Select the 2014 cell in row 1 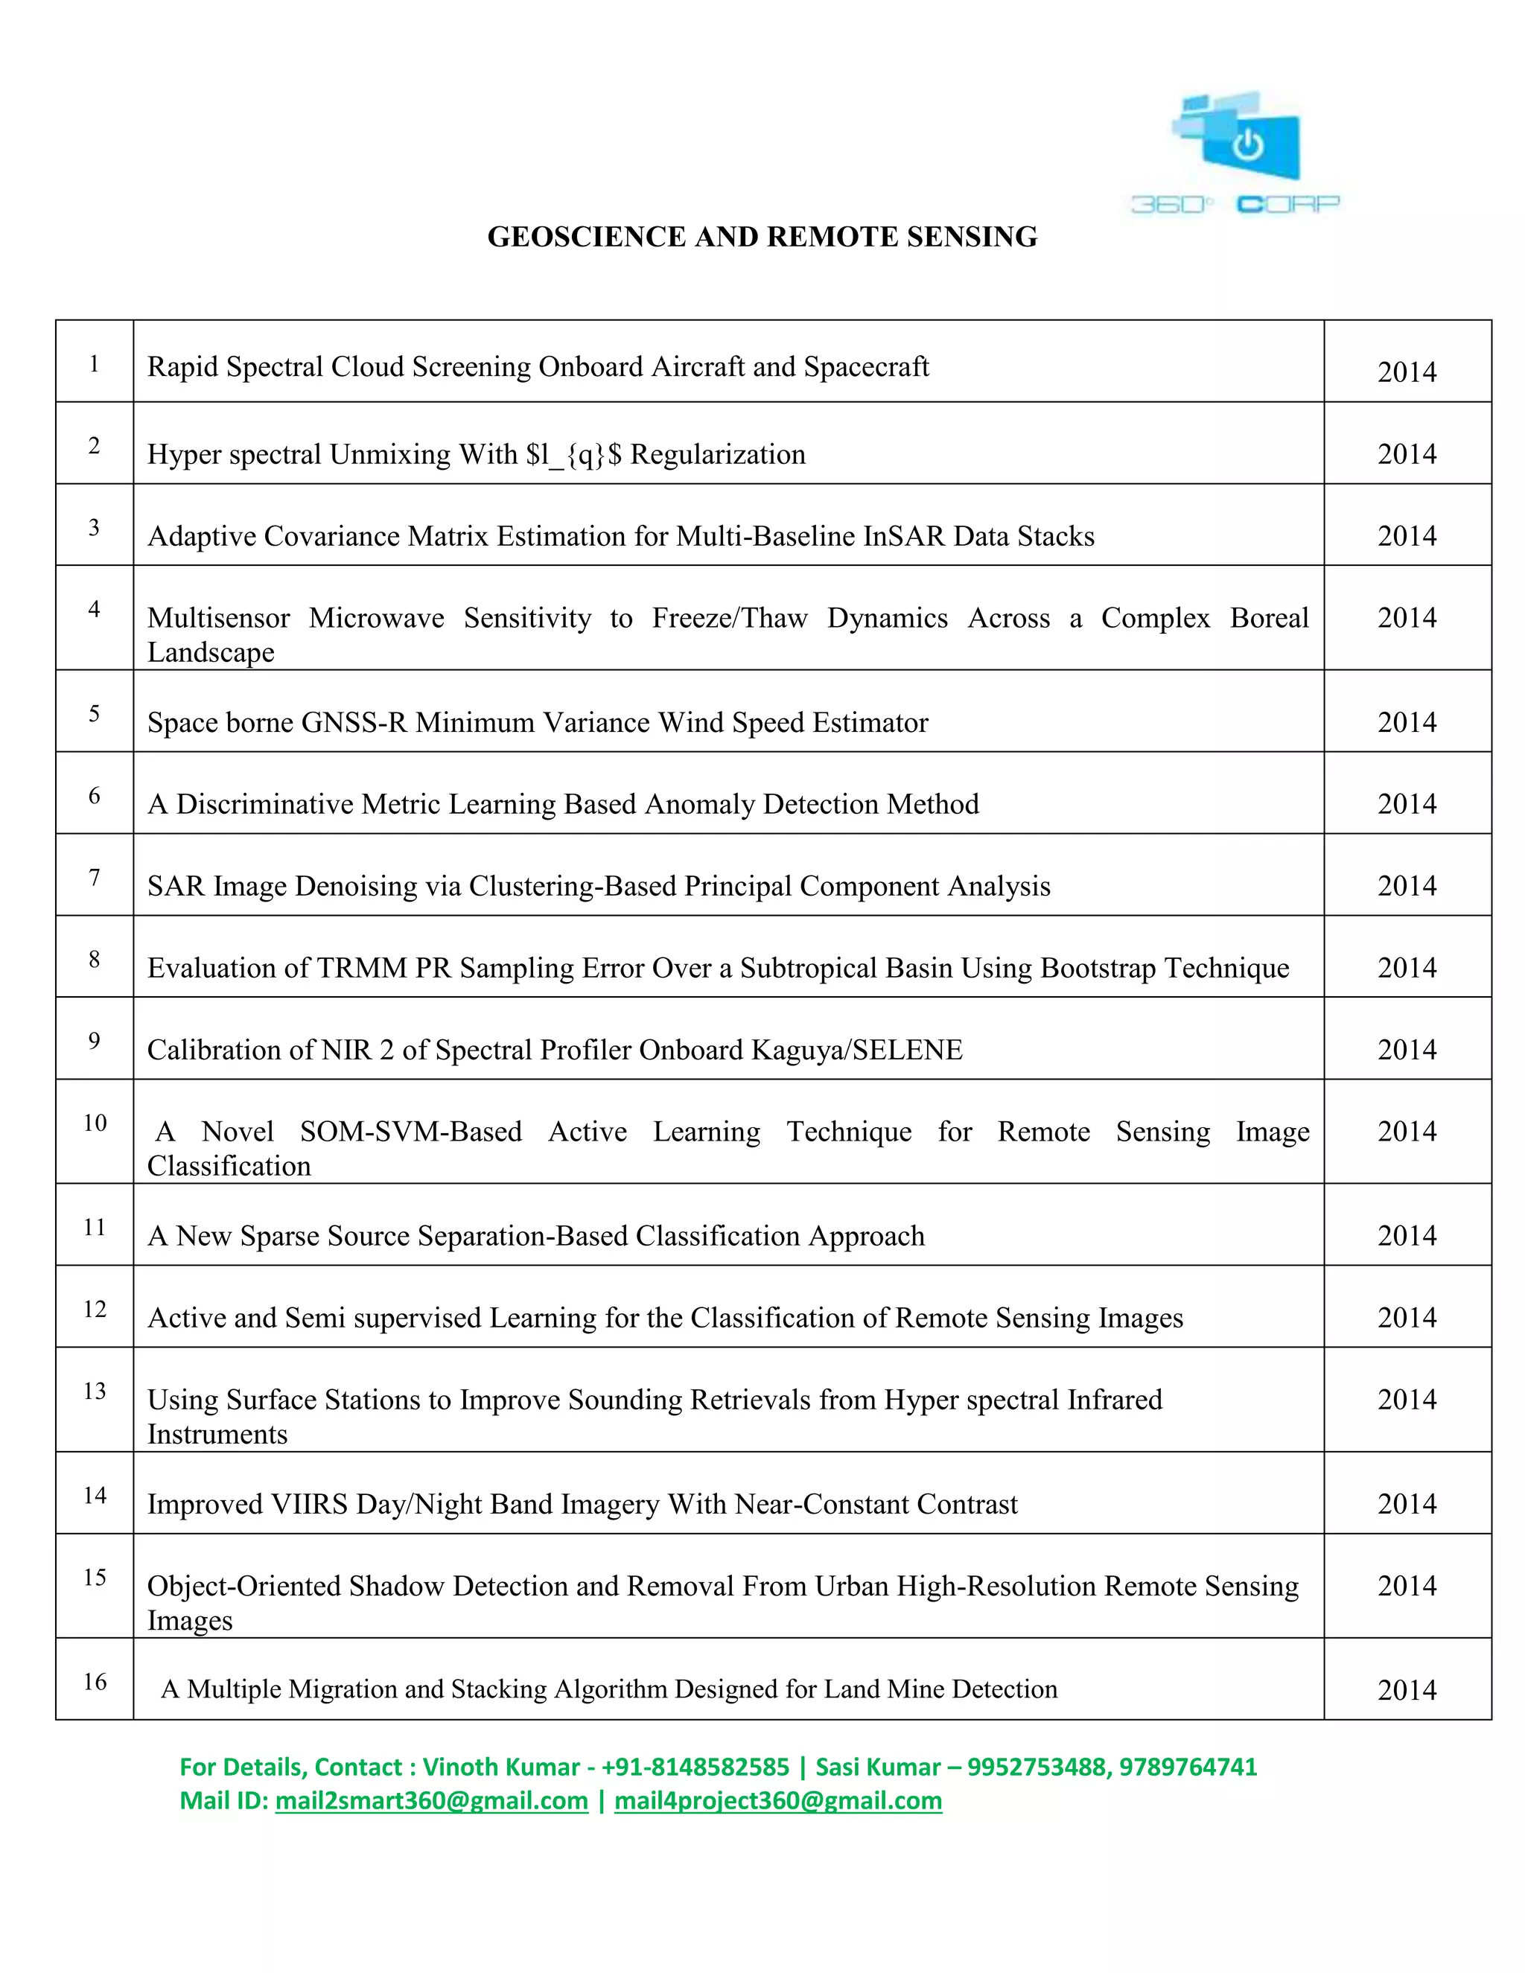click(x=1406, y=372)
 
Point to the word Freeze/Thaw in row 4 click(x=729, y=618)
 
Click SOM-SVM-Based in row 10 click(x=410, y=1131)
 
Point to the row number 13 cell click(x=94, y=1390)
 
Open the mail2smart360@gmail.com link click(x=431, y=1800)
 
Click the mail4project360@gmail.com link click(x=778, y=1800)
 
